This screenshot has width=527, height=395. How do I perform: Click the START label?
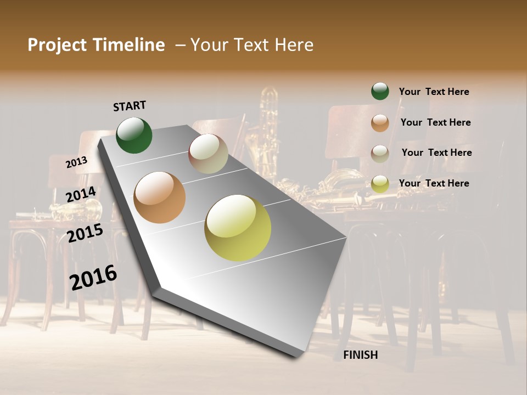[x=130, y=105]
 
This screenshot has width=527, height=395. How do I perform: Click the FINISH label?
[x=360, y=355]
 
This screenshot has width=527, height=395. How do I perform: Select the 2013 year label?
[x=77, y=162]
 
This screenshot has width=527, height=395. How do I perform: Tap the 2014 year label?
[x=81, y=194]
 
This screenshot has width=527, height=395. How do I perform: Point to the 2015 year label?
[x=85, y=233]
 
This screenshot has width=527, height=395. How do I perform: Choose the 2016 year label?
[x=93, y=278]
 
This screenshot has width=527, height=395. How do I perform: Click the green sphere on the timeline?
[x=134, y=136]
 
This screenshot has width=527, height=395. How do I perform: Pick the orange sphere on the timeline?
[x=160, y=198]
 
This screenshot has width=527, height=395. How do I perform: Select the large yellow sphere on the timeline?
[x=238, y=228]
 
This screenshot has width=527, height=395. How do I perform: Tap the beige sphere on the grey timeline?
[x=208, y=154]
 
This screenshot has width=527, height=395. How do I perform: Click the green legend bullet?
[x=380, y=91]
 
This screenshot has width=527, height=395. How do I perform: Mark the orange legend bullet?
[x=380, y=122]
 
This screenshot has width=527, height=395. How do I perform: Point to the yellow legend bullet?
[x=380, y=184]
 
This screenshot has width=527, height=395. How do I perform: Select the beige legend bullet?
[x=380, y=153]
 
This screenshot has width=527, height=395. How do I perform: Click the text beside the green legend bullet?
[x=434, y=92]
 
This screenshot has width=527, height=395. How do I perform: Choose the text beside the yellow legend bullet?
[x=434, y=183]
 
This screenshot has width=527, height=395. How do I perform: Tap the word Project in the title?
[x=57, y=45]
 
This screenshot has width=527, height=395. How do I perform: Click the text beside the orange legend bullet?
[x=435, y=122]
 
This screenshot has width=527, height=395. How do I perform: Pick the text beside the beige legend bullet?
[x=436, y=153]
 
